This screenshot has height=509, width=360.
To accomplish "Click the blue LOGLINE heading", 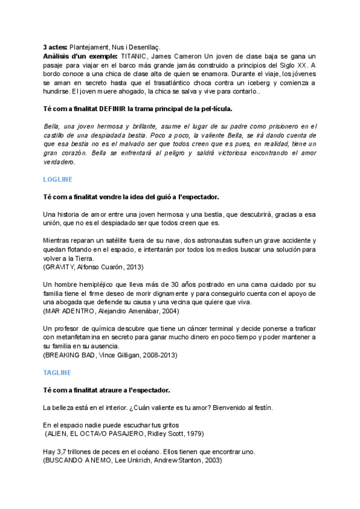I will pos(58,179).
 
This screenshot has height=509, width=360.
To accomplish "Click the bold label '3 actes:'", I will pos(55,47).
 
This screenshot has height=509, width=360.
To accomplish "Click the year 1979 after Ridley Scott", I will pos(194,433).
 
